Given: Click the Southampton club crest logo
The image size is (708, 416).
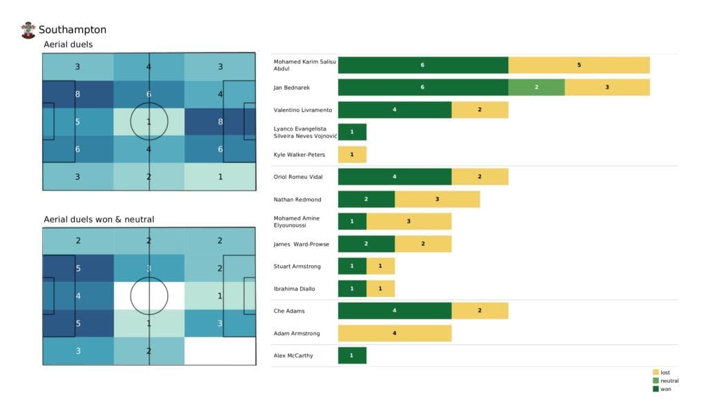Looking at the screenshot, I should click(28, 30).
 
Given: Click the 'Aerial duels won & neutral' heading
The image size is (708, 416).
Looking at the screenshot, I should click(99, 219).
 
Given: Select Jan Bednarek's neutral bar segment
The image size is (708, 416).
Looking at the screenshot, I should click(536, 88).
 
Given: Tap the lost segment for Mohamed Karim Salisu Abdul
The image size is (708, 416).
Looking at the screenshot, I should click(579, 66).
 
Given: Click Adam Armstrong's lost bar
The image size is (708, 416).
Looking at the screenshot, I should click(394, 334).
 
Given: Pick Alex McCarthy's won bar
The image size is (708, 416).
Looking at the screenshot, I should click(352, 355).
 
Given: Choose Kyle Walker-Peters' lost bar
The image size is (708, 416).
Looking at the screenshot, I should click(352, 154).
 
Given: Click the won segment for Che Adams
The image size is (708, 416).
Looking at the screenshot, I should click(394, 311).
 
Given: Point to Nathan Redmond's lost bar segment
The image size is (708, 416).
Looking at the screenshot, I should click(437, 199).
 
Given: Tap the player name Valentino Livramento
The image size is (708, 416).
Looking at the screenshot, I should click(304, 110).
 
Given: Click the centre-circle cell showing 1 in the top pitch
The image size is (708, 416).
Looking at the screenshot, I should click(149, 122).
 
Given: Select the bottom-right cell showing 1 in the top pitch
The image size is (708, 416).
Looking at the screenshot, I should click(220, 176).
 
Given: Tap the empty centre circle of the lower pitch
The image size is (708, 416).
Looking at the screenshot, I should click(149, 296).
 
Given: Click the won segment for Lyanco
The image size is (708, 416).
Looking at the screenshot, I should click(352, 132).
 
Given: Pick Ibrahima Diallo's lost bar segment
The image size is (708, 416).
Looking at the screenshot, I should click(380, 289).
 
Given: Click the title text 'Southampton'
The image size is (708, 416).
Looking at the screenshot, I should click(73, 30).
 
